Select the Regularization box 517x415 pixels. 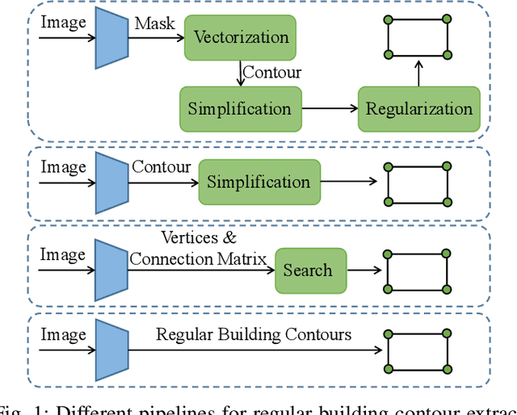click(x=419, y=109)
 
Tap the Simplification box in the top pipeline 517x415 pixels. click(x=240, y=109)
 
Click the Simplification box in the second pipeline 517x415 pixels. click(x=258, y=182)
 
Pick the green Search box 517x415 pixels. click(x=308, y=270)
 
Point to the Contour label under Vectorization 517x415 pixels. click(x=272, y=72)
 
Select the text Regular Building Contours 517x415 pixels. click(x=254, y=333)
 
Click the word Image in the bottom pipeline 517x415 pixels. click(x=63, y=334)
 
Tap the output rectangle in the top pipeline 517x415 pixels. click(x=418, y=37)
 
